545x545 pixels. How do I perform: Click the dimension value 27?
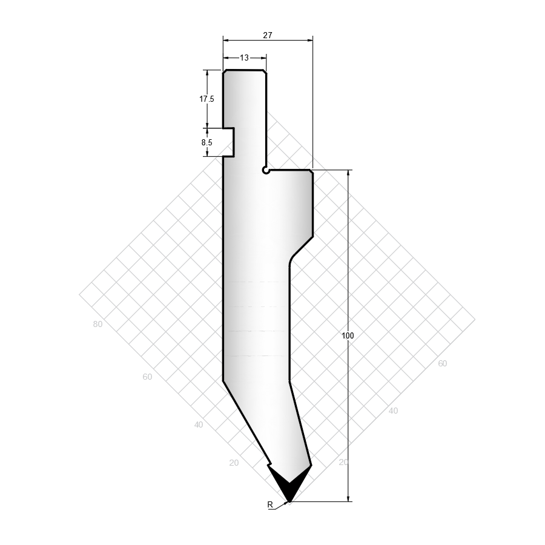click(x=268, y=35)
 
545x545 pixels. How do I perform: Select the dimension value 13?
click(x=245, y=58)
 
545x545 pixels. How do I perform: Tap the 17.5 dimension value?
click(x=206, y=99)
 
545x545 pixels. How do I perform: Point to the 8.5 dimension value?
click(x=207, y=142)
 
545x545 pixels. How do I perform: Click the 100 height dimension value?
click(x=348, y=335)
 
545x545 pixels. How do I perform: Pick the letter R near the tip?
click(x=270, y=504)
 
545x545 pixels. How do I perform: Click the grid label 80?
click(x=97, y=325)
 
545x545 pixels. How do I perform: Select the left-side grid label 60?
click(x=147, y=377)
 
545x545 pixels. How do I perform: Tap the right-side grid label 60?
click(x=442, y=363)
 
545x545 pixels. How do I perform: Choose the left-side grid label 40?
click(x=199, y=424)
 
